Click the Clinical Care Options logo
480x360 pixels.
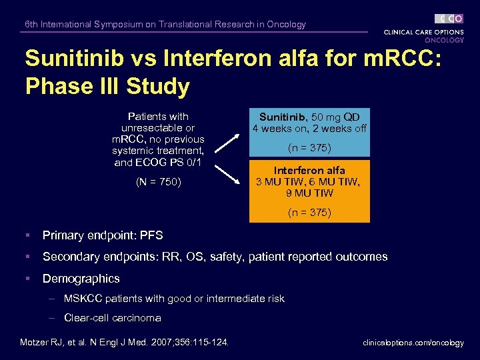[423, 28]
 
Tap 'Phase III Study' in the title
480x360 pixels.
[107, 87]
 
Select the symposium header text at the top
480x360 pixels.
[165, 25]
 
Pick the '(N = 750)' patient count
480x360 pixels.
[159, 181]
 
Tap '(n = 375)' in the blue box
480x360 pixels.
[309, 147]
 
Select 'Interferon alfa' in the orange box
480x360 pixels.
[309, 171]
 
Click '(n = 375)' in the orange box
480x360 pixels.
[309, 213]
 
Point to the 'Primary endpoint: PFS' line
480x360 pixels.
[103, 235]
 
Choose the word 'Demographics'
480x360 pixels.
[81, 279]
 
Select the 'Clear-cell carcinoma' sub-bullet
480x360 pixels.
[112, 318]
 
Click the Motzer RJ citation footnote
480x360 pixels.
[124, 343]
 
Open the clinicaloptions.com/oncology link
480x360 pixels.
[413, 343]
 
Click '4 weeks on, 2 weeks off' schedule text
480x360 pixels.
[309, 129]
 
